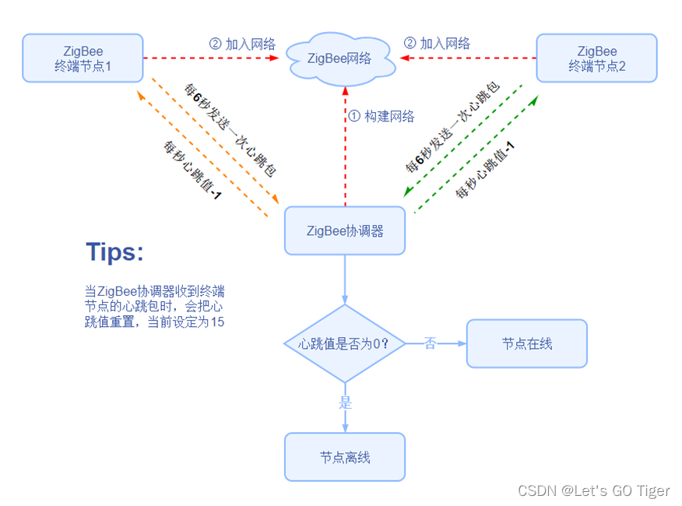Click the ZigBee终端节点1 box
[83, 58]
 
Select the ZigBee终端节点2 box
[596, 58]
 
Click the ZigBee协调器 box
[345, 230]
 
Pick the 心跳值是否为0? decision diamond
[345, 343]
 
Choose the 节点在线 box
[527, 343]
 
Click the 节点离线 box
[345, 457]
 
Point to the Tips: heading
[115, 252]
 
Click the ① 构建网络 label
[381, 116]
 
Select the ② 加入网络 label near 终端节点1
[242, 44]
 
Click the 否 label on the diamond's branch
[430, 343]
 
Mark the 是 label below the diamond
[345, 403]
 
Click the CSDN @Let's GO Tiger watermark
[593, 490]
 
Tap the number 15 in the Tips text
[216, 322]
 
